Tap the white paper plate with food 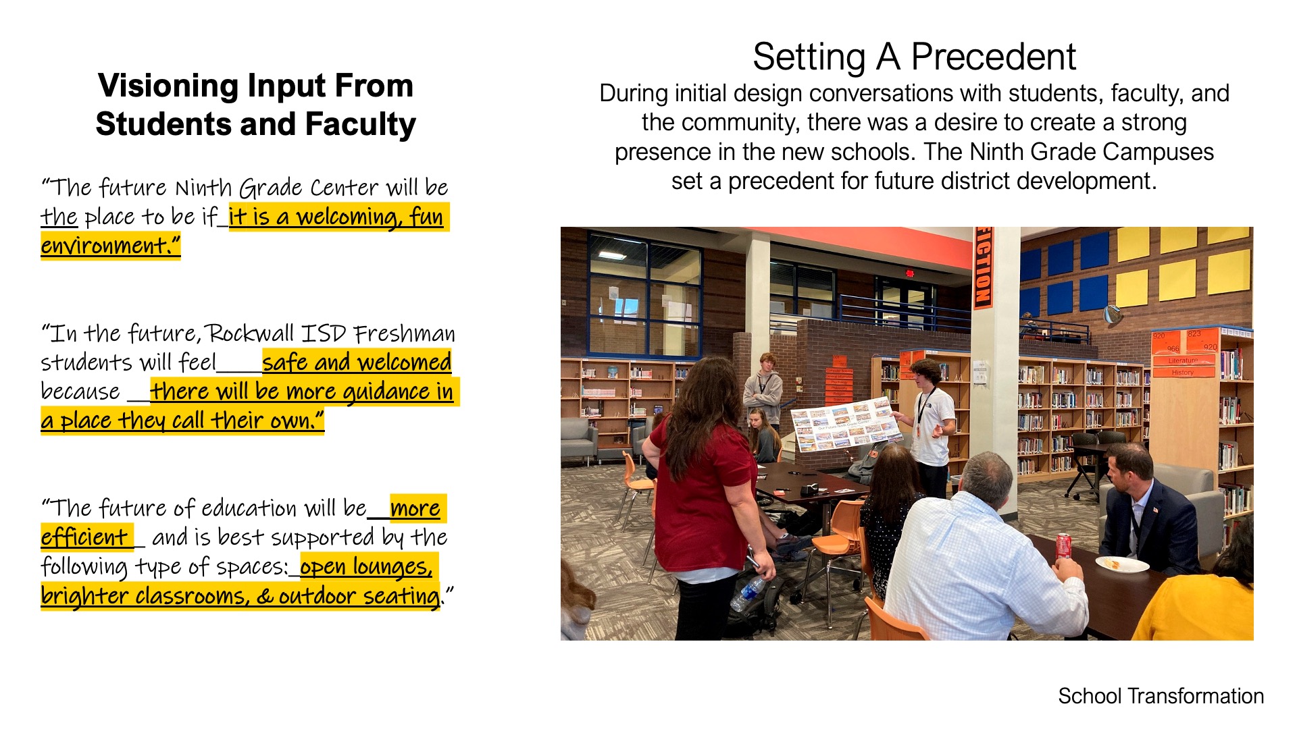pyautogui.click(x=1121, y=564)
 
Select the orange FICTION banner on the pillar pyautogui.click(x=982, y=267)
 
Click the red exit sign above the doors pyautogui.click(x=909, y=273)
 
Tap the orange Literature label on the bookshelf pyautogui.click(x=1183, y=360)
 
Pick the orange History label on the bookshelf pyautogui.click(x=1183, y=372)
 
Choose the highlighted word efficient pyautogui.click(x=84, y=537)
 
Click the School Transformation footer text pyautogui.click(x=1161, y=696)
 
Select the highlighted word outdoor pyautogui.click(x=317, y=596)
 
